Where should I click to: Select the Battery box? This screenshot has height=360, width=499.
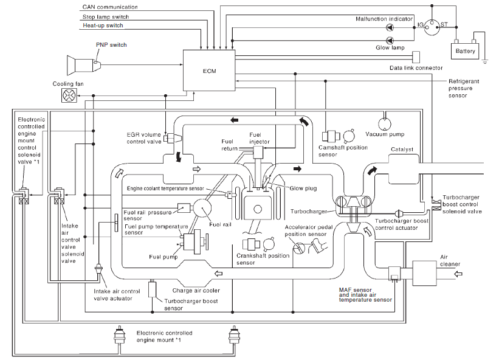465,51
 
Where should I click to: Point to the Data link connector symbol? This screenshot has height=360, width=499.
416,57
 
